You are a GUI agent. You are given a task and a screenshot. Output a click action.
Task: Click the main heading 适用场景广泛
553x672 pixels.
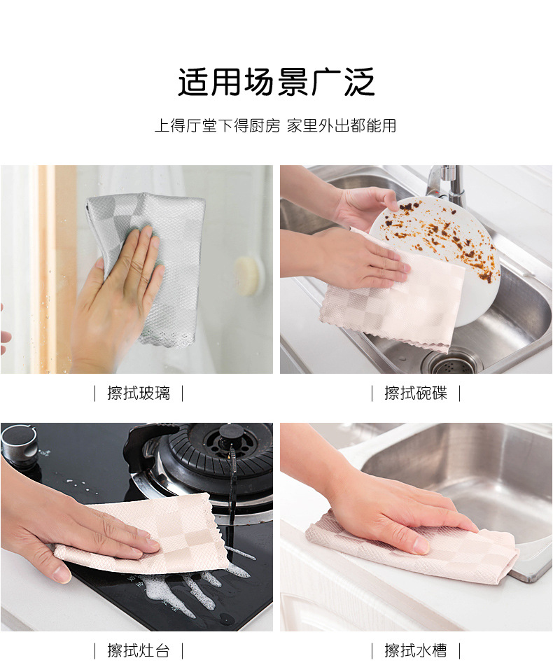tap(276, 82)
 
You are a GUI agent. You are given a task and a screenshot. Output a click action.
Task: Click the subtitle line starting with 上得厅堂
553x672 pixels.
tap(276, 125)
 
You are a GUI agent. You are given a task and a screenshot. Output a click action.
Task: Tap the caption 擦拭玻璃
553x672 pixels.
tap(139, 393)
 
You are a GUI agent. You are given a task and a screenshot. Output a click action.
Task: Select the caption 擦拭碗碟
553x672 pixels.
tap(415, 393)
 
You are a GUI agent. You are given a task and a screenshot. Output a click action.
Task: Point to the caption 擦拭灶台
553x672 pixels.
tap(139, 650)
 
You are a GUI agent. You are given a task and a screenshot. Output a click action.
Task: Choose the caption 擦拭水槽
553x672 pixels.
tap(415, 650)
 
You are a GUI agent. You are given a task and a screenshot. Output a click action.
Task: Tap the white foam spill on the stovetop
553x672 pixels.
tap(197, 587)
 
